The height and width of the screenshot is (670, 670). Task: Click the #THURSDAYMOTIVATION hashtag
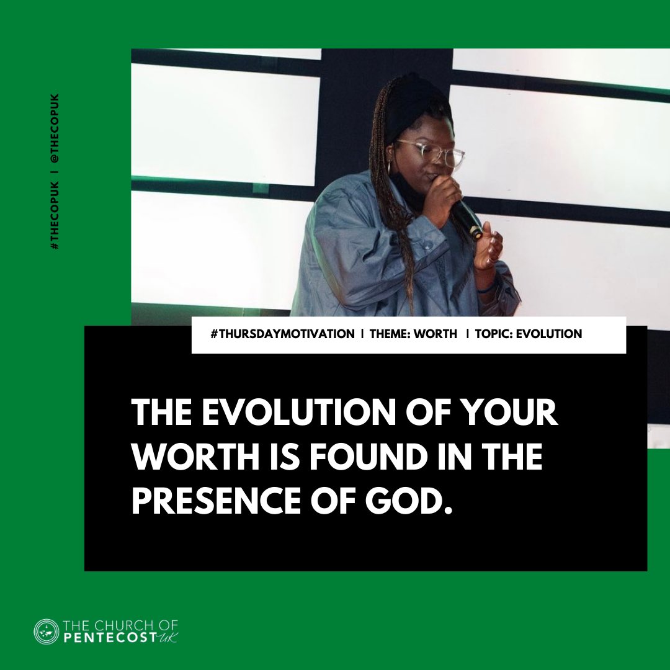282,334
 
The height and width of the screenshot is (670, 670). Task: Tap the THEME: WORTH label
413,334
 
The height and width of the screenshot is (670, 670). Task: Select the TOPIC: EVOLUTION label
529,334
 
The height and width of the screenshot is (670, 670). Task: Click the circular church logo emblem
46,632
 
